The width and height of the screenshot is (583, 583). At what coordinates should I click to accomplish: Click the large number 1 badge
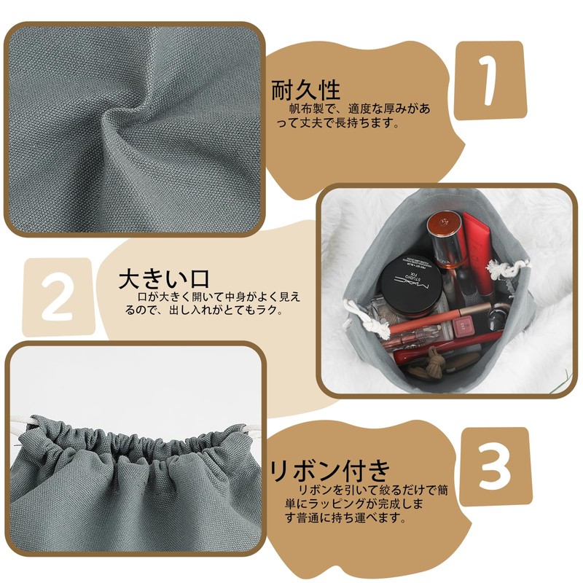point(490,80)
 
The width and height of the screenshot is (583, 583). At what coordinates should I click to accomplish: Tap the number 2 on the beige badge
point(57,297)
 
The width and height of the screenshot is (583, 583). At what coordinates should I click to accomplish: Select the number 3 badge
point(495,466)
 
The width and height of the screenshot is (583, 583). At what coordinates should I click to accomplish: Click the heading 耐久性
point(306,90)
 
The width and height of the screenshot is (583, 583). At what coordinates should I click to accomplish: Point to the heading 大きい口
point(164,279)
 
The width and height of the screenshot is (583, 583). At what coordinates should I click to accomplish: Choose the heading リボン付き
point(330,471)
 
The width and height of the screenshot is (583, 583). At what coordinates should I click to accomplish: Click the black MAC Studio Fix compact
point(410,285)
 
